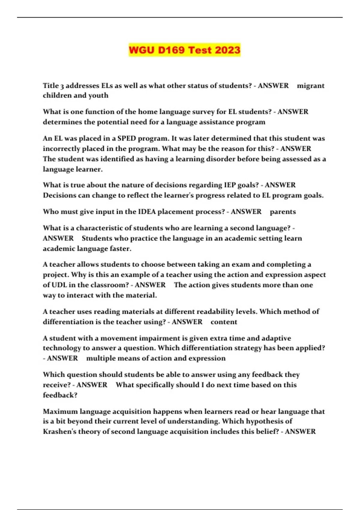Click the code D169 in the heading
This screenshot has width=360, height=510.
coord(171,50)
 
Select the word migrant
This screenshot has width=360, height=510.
coord(310,86)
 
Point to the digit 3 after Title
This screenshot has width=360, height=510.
coord(62,86)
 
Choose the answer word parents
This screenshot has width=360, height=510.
coord(283,212)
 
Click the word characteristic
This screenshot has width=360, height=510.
coord(99,228)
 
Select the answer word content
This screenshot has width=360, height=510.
coord(224,322)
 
